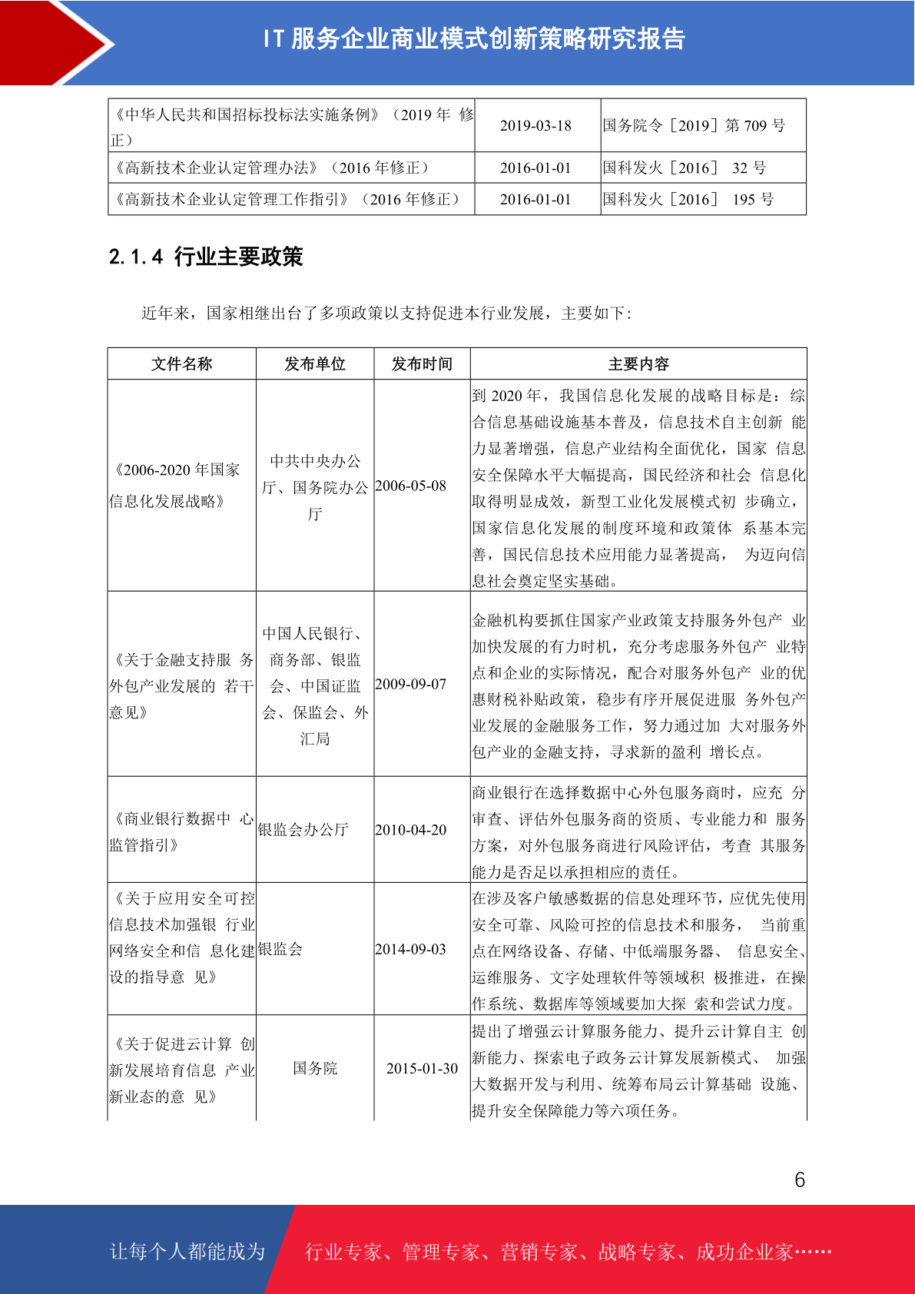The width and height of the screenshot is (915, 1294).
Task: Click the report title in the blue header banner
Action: [x=474, y=39]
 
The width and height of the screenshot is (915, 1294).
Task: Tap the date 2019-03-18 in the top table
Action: [x=535, y=126]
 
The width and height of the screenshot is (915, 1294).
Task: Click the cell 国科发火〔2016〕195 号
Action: [x=688, y=200]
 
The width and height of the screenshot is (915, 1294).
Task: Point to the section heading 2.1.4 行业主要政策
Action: [x=206, y=257]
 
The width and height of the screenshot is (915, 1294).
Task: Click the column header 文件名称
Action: [x=181, y=364]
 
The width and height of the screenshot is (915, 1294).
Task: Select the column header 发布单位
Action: [x=315, y=364]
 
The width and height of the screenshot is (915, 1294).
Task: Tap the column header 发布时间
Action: [x=422, y=364]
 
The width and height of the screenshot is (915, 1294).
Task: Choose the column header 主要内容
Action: [x=638, y=364]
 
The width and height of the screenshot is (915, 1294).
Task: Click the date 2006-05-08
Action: [x=410, y=486]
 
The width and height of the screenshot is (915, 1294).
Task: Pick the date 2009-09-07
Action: [x=410, y=685]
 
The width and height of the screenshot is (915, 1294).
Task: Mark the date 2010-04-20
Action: [x=410, y=831]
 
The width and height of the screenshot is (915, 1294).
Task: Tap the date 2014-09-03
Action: [x=410, y=950]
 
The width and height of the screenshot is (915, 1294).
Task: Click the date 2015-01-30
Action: [x=422, y=1069]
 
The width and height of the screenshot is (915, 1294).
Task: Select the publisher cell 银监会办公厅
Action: [x=303, y=830]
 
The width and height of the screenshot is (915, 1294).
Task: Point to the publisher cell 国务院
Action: [x=315, y=1069]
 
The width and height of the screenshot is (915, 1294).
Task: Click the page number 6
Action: [x=800, y=1180]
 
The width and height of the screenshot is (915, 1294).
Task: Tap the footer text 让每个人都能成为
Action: [x=187, y=1252]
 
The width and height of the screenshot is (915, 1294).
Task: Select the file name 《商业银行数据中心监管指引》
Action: [x=181, y=831]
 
